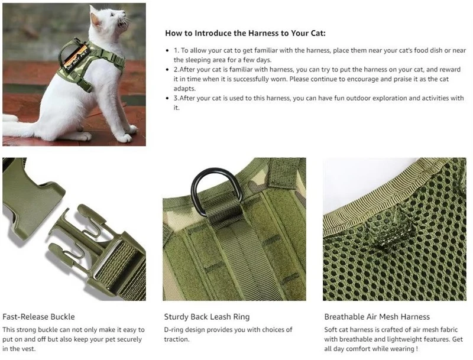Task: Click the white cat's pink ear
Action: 96,20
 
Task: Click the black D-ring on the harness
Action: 216,191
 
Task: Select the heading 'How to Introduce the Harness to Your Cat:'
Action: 245,33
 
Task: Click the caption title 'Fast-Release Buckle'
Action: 38,317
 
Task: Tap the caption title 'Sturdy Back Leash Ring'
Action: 207,317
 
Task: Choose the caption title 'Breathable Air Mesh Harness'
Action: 377,317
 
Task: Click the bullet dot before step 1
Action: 167,50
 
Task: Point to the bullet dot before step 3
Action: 167,98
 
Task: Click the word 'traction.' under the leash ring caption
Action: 177,339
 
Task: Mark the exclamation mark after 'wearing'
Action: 417,349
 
